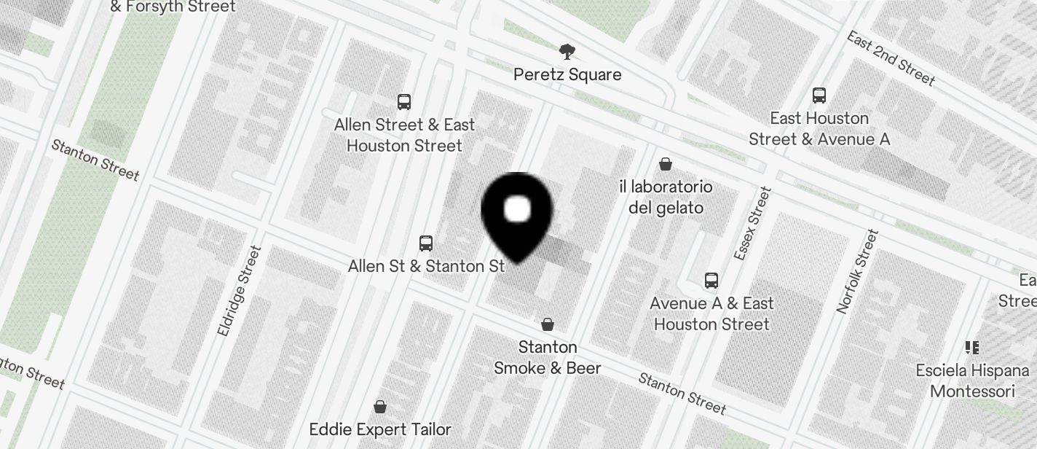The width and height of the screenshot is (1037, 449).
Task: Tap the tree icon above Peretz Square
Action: coord(567,52)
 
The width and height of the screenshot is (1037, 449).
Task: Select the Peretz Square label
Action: coord(567,74)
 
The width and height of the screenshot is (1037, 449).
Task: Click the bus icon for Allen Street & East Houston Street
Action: coord(404,101)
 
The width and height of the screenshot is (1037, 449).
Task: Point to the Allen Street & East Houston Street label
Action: coord(404,135)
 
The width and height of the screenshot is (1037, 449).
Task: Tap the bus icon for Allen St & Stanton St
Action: coord(426,243)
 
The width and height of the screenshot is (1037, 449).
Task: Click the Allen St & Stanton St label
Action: coord(426,266)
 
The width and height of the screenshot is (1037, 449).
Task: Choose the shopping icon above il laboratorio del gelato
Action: coord(666,164)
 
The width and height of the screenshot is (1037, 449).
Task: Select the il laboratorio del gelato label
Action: coord(666,197)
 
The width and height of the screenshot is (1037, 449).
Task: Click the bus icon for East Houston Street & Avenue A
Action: coord(819,95)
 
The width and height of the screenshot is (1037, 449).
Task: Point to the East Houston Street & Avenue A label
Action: coord(819,128)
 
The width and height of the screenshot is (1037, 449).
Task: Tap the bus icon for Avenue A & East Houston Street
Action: coord(711,280)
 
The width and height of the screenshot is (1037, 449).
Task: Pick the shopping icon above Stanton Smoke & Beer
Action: coord(548,324)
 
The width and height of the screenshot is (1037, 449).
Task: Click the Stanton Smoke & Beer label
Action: coord(548,357)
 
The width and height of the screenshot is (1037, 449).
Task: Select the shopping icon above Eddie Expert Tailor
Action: coord(380,406)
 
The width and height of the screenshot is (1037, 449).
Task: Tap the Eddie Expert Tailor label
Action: coord(380,429)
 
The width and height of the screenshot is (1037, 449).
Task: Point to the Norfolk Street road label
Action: coord(858,271)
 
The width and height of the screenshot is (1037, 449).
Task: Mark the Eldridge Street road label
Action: coord(240,290)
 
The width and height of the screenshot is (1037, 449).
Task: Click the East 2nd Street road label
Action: coord(890,58)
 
